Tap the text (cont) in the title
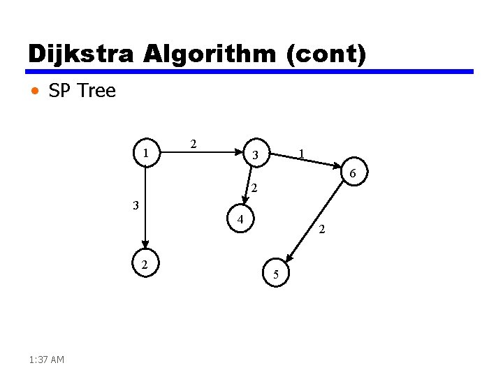coord(325,54)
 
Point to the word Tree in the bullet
coord(97,91)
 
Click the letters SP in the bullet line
coord(59,91)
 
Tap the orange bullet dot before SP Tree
coord(36,91)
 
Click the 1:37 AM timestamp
coord(48,360)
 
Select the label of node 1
coord(145,152)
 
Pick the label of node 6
coord(353,173)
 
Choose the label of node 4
coord(240,220)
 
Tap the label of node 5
coord(276,275)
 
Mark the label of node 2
coord(144,264)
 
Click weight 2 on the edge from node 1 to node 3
coord(194,144)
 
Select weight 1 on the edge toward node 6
coord(300,153)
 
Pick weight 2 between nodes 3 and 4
coord(255,188)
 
